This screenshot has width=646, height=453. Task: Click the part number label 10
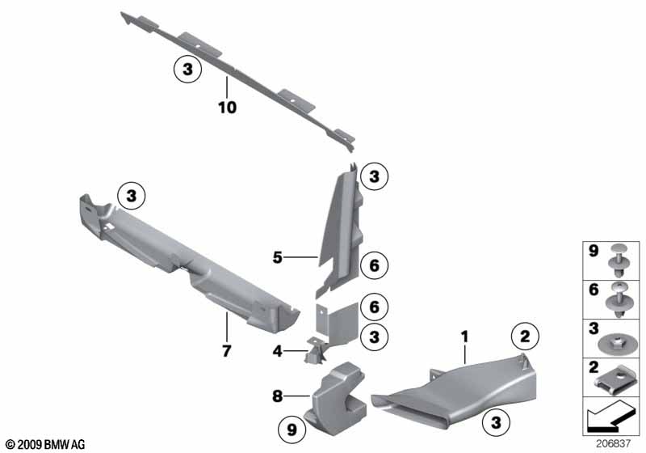[x=227, y=108]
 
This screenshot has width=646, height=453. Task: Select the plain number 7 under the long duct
[x=227, y=351]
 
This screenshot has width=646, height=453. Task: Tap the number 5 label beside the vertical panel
[x=278, y=257]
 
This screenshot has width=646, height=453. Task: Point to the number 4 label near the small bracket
[x=277, y=351]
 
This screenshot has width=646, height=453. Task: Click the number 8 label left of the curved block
[x=277, y=396]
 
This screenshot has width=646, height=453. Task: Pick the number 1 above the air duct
[x=465, y=337]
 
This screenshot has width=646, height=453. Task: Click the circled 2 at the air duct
[x=525, y=337]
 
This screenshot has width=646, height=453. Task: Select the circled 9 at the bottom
[x=292, y=430]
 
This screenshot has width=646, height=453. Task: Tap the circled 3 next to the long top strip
[x=187, y=69]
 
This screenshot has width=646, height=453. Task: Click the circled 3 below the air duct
[x=496, y=422]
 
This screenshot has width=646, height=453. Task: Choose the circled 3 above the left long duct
[x=131, y=196]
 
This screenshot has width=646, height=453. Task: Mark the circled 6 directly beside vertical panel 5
[x=374, y=265]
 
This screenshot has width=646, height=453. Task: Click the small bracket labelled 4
[x=315, y=351]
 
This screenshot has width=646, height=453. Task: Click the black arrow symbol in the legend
[x=611, y=417]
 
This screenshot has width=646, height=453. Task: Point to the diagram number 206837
[x=613, y=443]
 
